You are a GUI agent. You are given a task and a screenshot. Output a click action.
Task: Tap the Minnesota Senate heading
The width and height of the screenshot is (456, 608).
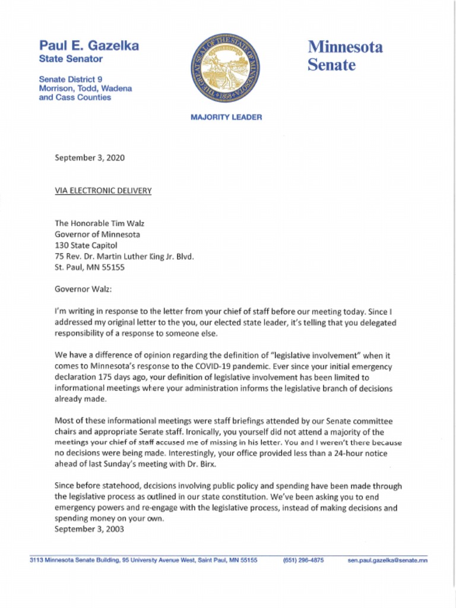pos(345,55)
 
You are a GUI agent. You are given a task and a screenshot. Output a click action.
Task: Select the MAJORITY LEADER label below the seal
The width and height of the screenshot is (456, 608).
pos(226,118)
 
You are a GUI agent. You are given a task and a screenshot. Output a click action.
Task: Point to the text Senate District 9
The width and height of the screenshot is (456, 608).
pos(71,79)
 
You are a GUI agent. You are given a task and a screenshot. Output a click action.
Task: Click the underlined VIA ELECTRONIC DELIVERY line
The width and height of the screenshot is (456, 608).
pos(103,191)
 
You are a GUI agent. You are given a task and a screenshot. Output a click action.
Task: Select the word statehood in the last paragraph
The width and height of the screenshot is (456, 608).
pos(120,486)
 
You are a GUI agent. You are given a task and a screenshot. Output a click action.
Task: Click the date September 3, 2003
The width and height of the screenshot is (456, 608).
pos(89,530)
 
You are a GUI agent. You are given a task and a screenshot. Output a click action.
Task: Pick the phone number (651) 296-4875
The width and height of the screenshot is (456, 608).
pos(303,560)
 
